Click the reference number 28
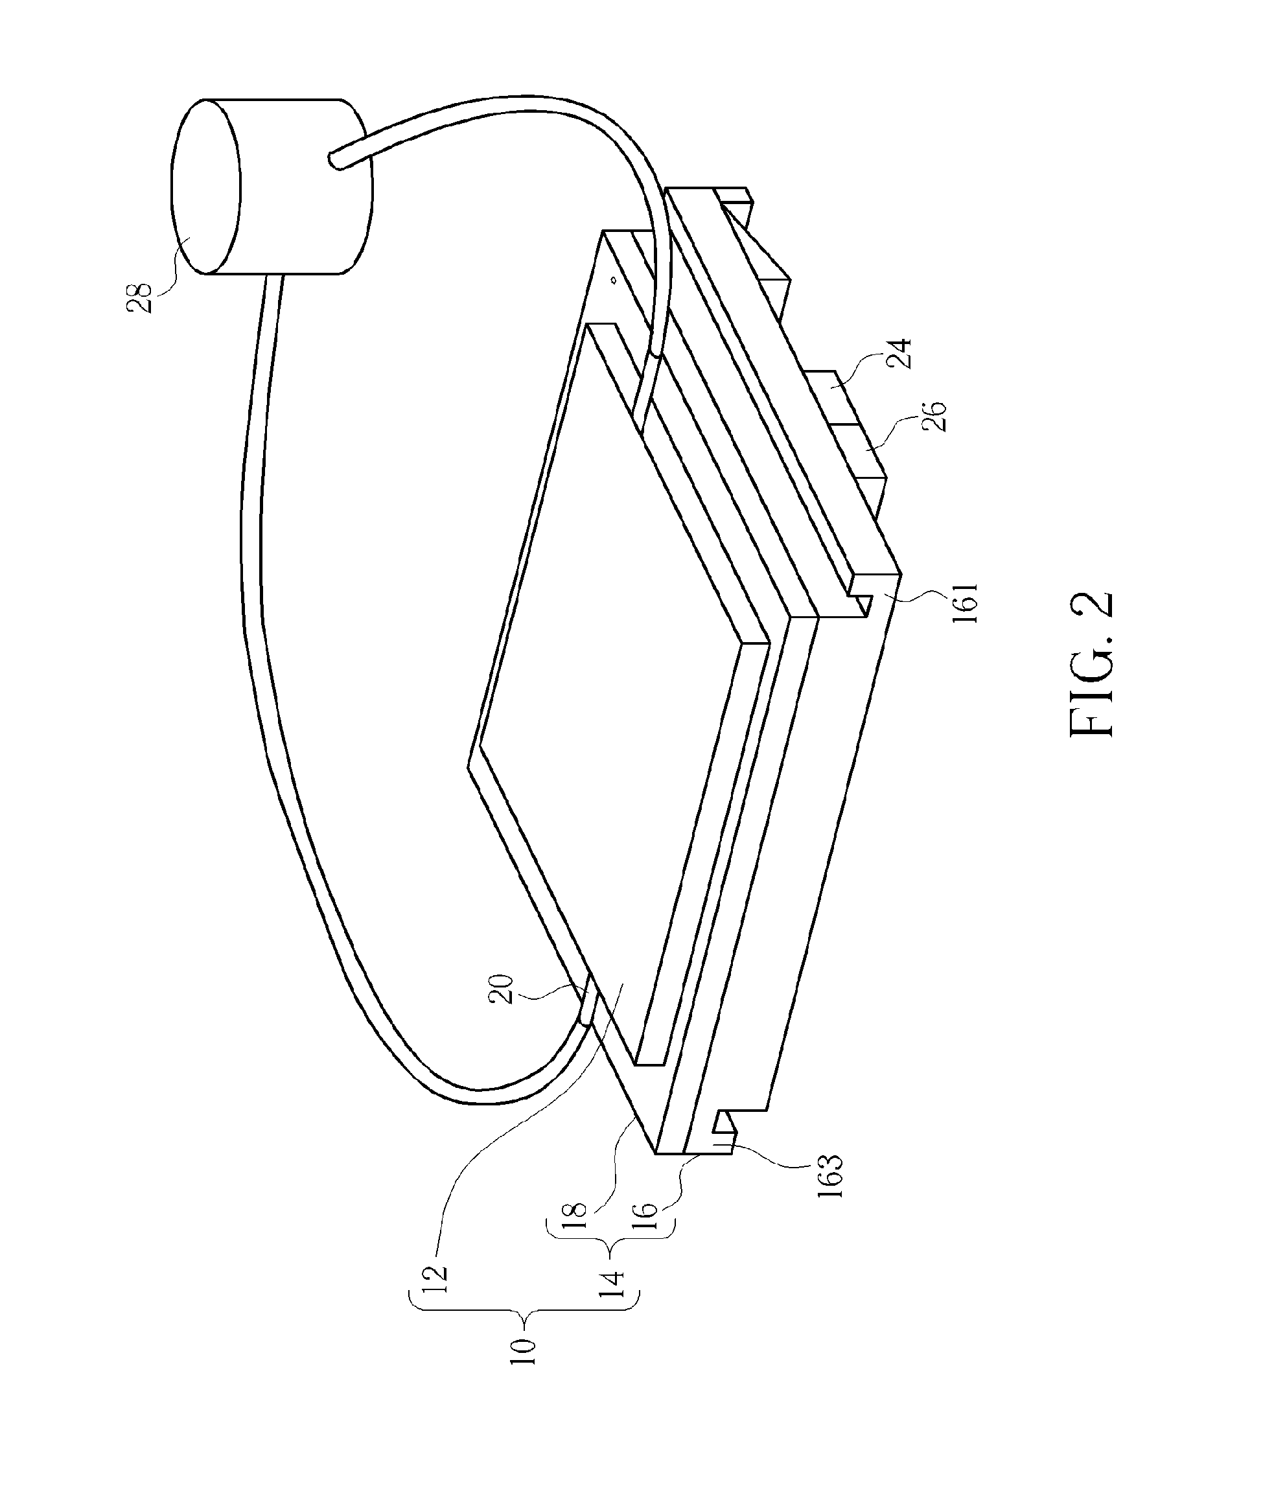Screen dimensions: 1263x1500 coord(139,298)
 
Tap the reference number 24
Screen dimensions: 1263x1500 coord(900,353)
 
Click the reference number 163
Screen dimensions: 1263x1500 coord(833,1175)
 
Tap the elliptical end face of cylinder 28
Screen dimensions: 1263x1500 coord(205,186)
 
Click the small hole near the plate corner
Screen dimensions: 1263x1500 coord(613,281)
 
